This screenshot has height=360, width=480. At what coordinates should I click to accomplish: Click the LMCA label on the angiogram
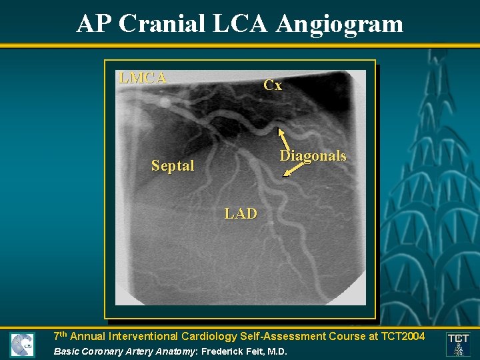pyautogui.click(x=143, y=78)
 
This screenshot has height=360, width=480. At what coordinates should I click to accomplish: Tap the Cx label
pyautogui.click(x=273, y=85)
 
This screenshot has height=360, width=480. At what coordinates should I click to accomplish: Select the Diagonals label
pyautogui.click(x=313, y=156)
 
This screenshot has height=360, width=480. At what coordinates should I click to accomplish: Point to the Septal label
pyautogui.click(x=173, y=166)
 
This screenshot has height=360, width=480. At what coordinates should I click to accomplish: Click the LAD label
pyautogui.click(x=241, y=214)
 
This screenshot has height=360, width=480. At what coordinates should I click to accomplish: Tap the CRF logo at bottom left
pyautogui.click(x=22, y=345)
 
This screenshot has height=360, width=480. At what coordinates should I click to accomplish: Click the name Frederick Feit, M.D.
pyautogui.click(x=245, y=351)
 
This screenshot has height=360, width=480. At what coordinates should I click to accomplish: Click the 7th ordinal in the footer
pyautogui.click(x=60, y=335)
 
